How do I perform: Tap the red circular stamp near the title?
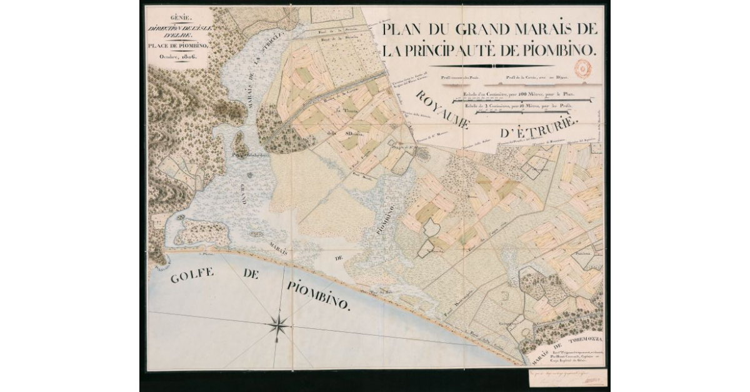582,68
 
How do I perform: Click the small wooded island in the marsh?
239,142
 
